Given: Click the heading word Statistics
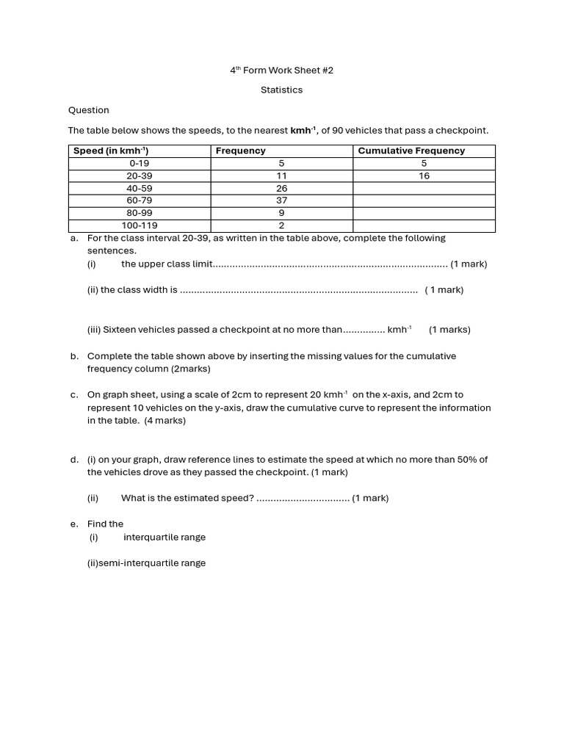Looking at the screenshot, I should coord(281,90).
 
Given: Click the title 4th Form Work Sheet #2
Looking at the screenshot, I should coord(281,70).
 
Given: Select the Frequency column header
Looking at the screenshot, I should coord(241,151).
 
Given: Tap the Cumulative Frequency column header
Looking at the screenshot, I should coord(411,151).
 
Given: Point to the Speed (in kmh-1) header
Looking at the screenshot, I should coord(111,151).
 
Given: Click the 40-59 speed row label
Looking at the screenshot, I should coord(139,188).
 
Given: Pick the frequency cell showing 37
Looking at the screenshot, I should coord(281,200).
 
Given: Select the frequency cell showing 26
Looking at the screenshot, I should coord(281,188).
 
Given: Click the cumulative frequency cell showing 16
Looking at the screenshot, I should coord(424,176).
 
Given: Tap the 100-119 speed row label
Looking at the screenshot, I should coord(139,225).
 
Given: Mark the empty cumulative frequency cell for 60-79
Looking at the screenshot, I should coord(424,200).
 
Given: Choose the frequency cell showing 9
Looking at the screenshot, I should coord(281,213).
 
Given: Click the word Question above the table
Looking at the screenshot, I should coord(88,110).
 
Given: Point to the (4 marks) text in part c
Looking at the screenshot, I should coord(164,421).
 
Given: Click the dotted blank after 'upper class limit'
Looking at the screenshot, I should coord(330,264).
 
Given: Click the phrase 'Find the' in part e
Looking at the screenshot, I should coord(105,524).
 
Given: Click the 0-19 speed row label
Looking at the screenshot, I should coord(139,164).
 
